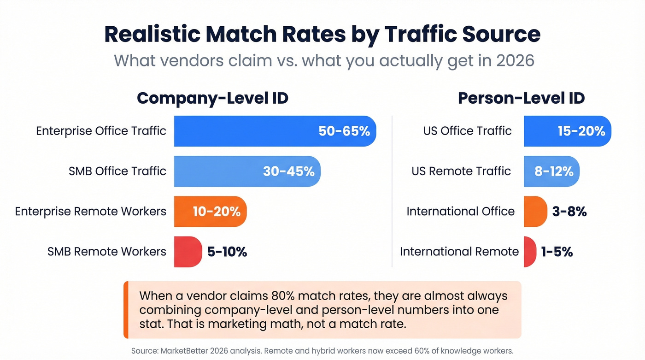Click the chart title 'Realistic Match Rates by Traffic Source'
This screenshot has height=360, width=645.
click(322, 34)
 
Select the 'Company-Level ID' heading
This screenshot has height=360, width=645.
click(212, 98)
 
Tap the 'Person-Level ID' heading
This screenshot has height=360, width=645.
click(521, 98)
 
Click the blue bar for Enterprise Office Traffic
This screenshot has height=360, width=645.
click(275, 131)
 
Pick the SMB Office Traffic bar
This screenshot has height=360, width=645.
click(247, 171)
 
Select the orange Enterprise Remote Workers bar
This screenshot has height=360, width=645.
click(210, 212)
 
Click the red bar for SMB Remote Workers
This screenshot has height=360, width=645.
click(188, 252)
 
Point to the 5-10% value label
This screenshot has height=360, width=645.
click(227, 252)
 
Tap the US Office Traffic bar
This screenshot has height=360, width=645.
click(567, 131)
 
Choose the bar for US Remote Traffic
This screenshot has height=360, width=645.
click(551, 171)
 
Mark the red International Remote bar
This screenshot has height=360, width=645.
click(529, 252)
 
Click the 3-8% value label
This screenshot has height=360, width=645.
click(569, 212)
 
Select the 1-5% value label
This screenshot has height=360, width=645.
click(557, 252)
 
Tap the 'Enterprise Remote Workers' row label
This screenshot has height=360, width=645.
click(90, 212)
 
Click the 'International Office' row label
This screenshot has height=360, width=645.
click(460, 212)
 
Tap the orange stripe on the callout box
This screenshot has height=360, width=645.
click(126, 310)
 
